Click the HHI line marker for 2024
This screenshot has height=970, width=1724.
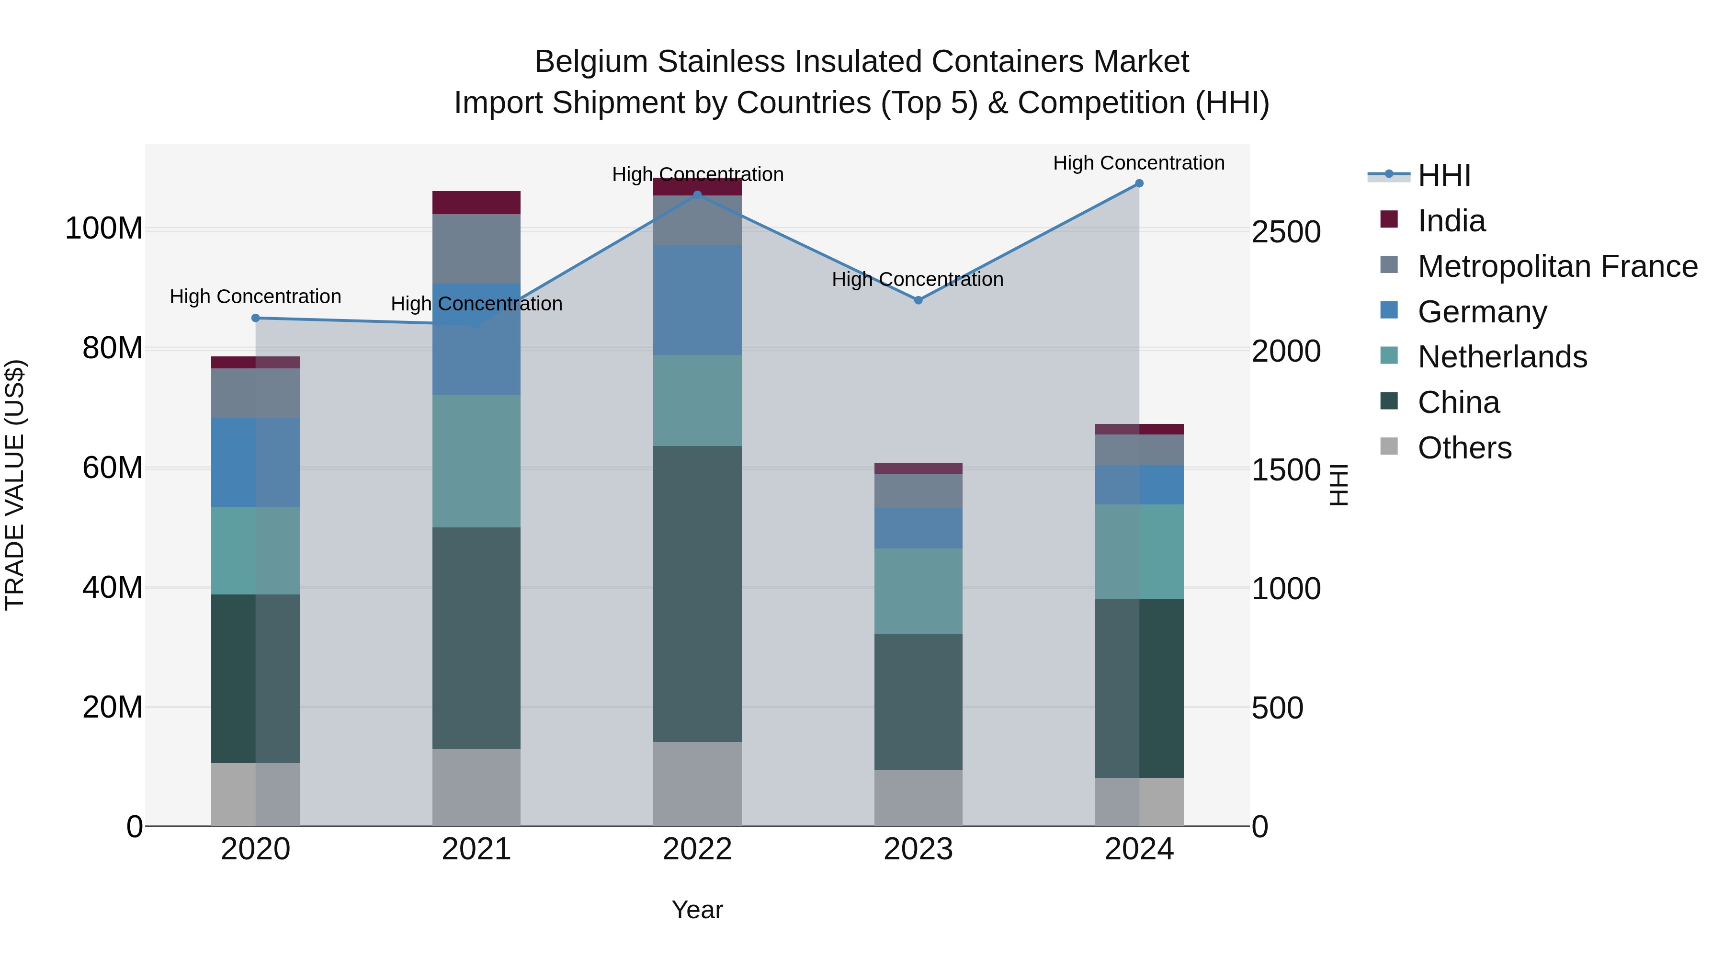(x=1139, y=183)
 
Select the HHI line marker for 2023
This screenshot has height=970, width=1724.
(x=918, y=300)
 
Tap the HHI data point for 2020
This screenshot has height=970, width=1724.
(x=256, y=318)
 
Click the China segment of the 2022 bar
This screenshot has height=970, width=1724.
(x=697, y=594)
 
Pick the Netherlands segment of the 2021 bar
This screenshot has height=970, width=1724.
(x=476, y=461)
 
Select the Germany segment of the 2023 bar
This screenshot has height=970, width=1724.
(x=918, y=528)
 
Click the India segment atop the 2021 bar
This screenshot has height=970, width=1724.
(x=476, y=203)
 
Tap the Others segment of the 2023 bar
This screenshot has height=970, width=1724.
(x=918, y=798)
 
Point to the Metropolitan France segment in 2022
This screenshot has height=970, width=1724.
(x=697, y=221)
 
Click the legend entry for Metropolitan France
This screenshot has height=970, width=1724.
(x=1557, y=266)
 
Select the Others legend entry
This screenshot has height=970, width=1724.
(x=1464, y=448)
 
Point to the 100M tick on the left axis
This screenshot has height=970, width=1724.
(x=104, y=229)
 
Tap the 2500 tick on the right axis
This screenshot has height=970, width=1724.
(x=1286, y=232)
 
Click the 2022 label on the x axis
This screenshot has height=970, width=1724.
(x=697, y=849)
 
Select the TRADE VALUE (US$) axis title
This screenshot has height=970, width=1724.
(x=15, y=485)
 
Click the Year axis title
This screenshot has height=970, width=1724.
(x=697, y=910)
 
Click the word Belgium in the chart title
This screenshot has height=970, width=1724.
(x=591, y=62)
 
